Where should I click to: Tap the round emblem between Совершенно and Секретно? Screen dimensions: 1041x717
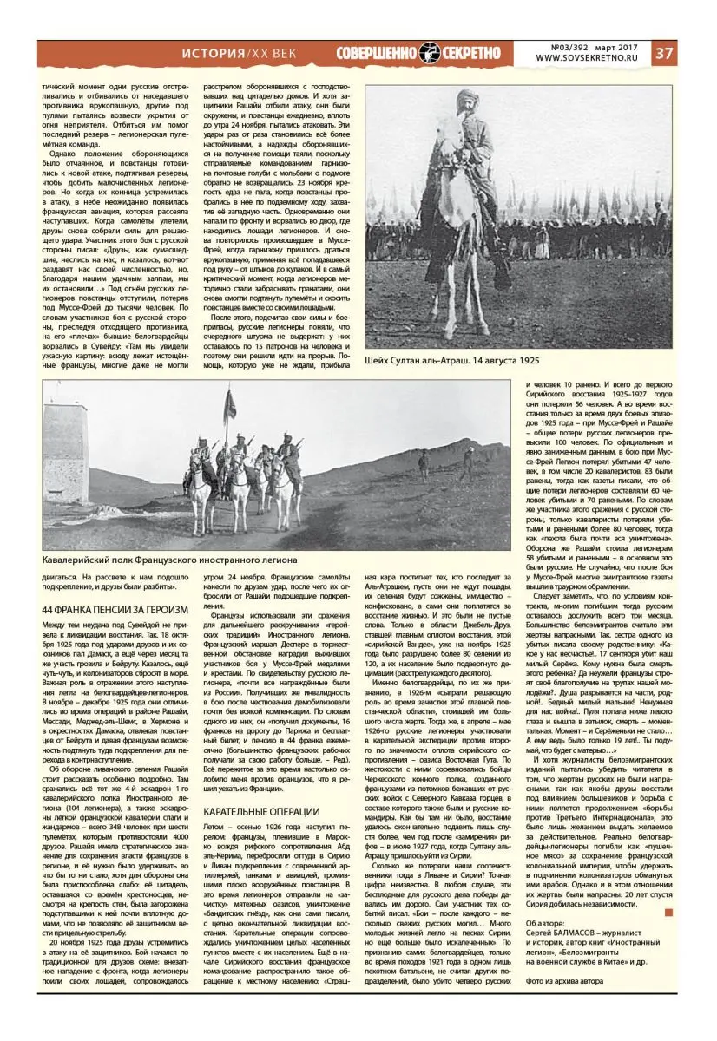[x=431, y=53]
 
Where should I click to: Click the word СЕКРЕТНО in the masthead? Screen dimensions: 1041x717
[x=471, y=53]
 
